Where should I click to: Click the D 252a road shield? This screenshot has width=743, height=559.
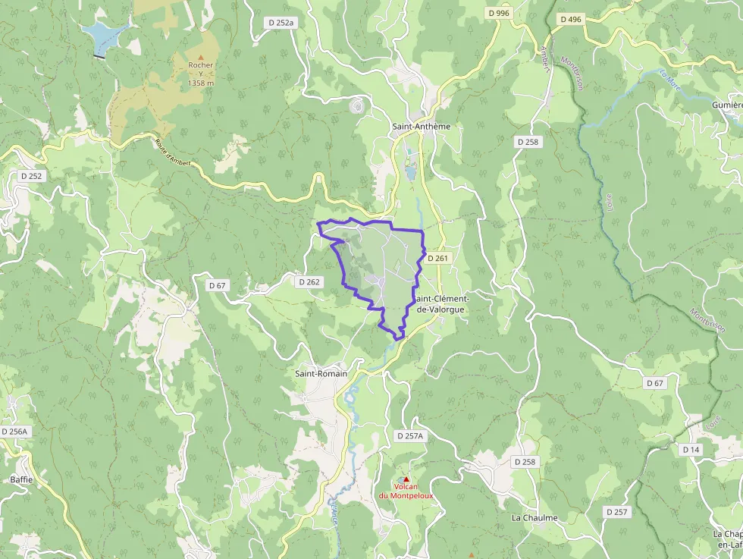[x=281, y=23]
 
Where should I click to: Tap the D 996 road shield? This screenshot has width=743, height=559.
[x=499, y=13]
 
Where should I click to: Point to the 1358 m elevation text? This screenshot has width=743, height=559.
[x=201, y=83]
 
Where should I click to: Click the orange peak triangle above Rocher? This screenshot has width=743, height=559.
[x=201, y=56]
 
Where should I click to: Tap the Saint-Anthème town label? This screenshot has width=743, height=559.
[x=421, y=127]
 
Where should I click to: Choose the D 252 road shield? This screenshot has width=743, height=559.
[x=32, y=176]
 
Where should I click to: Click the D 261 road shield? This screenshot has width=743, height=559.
[x=437, y=259]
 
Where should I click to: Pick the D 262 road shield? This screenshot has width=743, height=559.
[x=309, y=281]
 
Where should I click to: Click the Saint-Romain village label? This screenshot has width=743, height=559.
[x=321, y=374]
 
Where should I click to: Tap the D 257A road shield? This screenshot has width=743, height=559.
[x=409, y=435]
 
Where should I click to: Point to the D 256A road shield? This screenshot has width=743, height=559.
[x=14, y=432]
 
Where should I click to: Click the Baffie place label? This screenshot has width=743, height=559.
[x=21, y=479]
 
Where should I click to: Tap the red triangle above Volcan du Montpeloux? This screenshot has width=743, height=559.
[x=406, y=479]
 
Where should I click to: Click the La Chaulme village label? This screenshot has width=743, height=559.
[x=535, y=518]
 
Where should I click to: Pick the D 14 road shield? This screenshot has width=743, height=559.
[x=690, y=450]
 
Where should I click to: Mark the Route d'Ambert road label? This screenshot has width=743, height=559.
[x=173, y=152]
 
